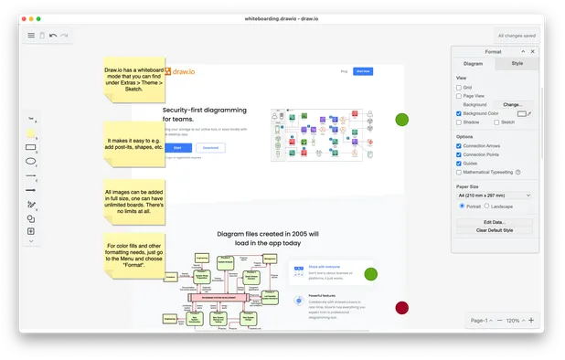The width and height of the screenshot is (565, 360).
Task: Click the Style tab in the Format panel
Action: pyautogui.click(x=517, y=63)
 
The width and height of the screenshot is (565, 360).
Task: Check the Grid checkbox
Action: pyautogui.click(x=459, y=87)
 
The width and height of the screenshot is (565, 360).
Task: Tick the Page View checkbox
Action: pyautogui.click(x=459, y=96)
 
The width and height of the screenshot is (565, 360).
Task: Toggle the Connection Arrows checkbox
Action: pyautogui.click(x=459, y=146)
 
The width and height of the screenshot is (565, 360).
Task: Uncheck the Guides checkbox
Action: pyautogui.click(x=459, y=164)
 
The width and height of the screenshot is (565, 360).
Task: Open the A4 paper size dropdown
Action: pyautogui.click(x=494, y=195)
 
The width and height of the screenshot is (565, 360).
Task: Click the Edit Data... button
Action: pyautogui.click(x=494, y=222)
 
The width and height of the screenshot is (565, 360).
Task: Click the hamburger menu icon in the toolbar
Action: pyautogui.click(x=31, y=36)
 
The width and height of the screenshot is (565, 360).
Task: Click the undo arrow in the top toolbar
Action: pyautogui.click(x=53, y=36)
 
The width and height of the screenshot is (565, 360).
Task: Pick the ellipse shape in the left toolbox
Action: pyautogui.click(x=31, y=161)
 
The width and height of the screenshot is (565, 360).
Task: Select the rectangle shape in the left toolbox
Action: pyautogui.click(x=31, y=146)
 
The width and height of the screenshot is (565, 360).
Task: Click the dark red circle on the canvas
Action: pyautogui.click(x=401, y=308)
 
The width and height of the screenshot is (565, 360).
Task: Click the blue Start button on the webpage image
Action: pyautogui.click(x=177, y=147)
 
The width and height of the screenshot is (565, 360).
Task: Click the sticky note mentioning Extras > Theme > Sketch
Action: pyautogui.click(x=133, y=77)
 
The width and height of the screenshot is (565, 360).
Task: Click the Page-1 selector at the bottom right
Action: pyautogui.click(x=480, y=321)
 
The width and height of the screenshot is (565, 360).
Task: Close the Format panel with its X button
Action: pyautogui.click(x=533, y=51)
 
